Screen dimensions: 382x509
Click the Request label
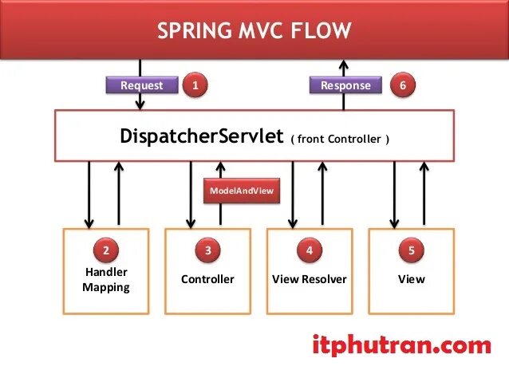point(141,85)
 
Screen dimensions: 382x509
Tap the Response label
point(345,85)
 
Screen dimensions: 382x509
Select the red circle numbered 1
point(195,85)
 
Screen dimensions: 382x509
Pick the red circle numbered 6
point(402,85)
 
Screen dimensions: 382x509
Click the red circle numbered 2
point(106,250)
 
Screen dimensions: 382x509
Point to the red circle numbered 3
point(207,250)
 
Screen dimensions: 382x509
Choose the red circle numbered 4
point(310,250)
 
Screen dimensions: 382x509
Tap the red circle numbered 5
point(412,250)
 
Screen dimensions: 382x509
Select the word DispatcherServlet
point(201,136)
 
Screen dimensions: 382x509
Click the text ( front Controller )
point(341,139)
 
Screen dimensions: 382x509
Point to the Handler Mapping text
point(106,279)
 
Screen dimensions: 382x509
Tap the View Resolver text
point(310,279)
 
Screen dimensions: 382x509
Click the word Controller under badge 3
point(207,279)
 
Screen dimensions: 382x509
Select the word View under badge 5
point(412,279)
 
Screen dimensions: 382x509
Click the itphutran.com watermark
point(400,345)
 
